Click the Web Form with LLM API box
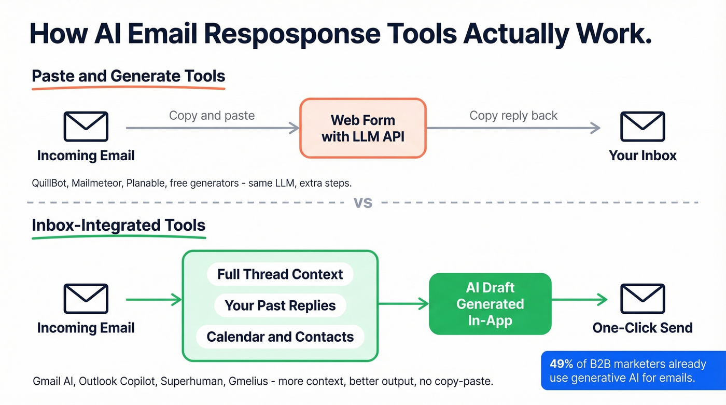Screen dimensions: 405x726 coord(363,128)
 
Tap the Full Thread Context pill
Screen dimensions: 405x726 coord(280,274)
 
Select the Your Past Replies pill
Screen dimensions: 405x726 coord(280,305)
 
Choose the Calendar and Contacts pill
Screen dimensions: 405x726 coord(280,337)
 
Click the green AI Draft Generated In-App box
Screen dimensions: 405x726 coord(490,304)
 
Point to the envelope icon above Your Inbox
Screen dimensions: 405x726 coord(643,127)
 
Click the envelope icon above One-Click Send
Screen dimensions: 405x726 coord(643,299)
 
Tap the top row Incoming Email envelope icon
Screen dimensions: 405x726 coord(86,127)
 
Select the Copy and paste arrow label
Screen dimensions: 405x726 coord(212,115)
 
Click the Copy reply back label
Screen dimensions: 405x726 coord(513,115)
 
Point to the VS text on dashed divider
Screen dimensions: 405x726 coord(363,202)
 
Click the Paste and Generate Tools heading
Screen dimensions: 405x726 coord(129,76)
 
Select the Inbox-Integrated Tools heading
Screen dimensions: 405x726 coord(119,226)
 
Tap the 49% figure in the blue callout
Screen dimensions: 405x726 coord(561,364)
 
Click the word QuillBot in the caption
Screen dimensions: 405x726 coord(49,183)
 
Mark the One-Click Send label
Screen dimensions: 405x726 coord(643,328)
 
